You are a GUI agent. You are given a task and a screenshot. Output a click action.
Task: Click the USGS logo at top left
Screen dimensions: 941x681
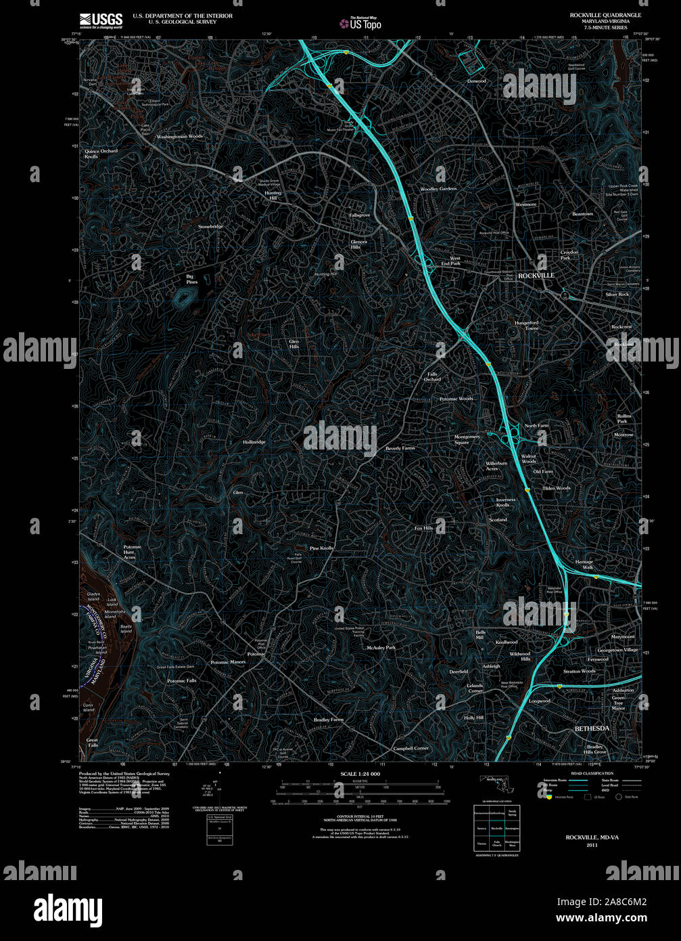tap(101, 20)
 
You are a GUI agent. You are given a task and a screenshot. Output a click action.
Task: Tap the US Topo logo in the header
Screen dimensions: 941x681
tap(361, 24)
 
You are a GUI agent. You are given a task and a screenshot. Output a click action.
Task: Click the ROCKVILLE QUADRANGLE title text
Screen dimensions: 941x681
tap(605, 15)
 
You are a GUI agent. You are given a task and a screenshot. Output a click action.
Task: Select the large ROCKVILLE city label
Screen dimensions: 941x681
tap(536, 276)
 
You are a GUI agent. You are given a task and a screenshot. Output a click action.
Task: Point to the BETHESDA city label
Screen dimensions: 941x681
tap(592, 728)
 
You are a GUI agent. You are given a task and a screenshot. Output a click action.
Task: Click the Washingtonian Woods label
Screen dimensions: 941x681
tap(180, 137)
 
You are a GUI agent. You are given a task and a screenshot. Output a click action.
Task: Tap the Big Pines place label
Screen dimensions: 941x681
tap(192, 279)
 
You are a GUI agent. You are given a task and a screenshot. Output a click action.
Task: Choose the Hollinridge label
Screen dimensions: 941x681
tap(254, 442)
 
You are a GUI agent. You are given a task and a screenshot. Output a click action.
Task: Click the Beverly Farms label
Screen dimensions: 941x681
tap(400, 448)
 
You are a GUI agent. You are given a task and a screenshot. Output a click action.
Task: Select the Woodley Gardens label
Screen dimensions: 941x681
tap(439, 189)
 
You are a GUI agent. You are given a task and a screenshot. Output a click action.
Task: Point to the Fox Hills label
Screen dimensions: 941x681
tap(423, 528)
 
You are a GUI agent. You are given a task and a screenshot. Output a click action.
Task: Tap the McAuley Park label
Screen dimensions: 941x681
tap(381, 648)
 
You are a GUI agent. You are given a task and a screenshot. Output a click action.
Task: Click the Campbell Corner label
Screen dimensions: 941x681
tap(411, 749)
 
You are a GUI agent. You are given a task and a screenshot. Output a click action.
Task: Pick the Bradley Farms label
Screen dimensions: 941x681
tap(329, 720)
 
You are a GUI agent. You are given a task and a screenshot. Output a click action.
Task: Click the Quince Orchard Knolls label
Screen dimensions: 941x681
tap(101, 154)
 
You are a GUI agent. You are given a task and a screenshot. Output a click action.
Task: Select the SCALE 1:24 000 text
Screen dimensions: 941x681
tap(360, 774)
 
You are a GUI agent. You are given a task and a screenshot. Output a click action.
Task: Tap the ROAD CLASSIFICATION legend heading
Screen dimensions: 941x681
tap(592, 773)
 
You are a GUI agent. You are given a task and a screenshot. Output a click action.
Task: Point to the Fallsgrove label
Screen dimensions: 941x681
tap(360, 215)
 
